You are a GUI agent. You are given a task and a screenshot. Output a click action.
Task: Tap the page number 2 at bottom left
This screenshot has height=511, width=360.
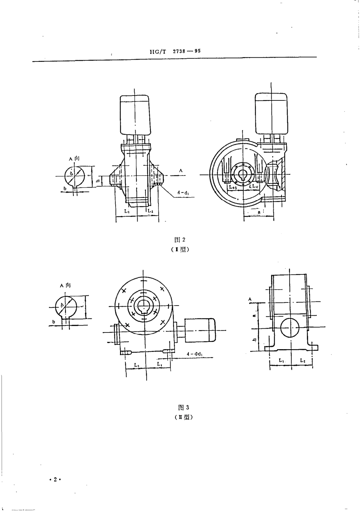coord(55,479)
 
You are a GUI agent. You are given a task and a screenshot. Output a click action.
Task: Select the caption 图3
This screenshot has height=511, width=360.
coord(183,408)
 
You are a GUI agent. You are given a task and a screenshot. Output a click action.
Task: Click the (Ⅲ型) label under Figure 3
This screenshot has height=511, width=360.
coord(184,417)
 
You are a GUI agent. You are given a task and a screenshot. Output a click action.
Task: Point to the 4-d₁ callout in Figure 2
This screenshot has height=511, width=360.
coord(183,193)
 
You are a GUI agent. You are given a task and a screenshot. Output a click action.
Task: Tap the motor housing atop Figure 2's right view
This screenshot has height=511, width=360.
coord(270,113)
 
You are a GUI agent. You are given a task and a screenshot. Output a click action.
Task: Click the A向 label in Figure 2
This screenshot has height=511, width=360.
coord(74,158)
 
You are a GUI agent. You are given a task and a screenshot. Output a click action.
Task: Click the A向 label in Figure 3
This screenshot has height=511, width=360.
coord(65,285)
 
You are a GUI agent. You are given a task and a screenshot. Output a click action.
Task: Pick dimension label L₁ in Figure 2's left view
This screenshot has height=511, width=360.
coord(127,211)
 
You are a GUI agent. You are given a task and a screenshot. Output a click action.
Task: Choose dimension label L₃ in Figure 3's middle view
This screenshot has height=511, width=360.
coord(136,365)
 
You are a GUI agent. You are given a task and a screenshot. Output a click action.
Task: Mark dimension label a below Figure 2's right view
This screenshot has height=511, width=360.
coord(259,213)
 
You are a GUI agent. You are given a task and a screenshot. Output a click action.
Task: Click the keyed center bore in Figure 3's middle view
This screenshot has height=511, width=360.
coord(144,306)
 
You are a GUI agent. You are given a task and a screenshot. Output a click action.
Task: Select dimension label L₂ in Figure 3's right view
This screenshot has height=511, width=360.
coord(302,361)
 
